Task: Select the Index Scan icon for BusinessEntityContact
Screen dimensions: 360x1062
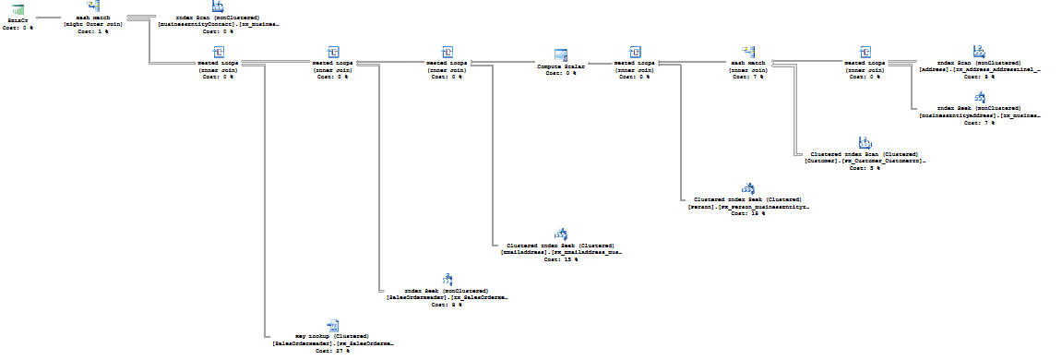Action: (218, 6)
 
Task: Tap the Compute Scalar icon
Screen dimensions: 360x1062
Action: (561, 56)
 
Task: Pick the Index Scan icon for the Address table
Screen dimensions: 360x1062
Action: (980, 52)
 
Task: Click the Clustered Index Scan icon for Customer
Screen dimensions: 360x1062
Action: (865, 142)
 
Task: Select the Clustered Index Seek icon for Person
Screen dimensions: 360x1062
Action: (748, 188)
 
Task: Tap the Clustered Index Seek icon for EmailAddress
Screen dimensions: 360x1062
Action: (560, 234)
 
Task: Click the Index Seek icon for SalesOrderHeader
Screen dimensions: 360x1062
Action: (447, 280)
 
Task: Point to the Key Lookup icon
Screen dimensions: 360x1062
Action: (333, 325)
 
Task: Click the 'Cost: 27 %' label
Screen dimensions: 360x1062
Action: (333, 351)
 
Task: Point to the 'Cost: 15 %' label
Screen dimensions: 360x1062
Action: (560, 259)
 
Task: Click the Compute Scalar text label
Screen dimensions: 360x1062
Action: (561, 66)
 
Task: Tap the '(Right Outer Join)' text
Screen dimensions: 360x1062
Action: (93, 24)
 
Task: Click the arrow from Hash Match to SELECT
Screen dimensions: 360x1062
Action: (46, 17)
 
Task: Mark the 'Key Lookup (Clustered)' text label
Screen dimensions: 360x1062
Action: (332, 336)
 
